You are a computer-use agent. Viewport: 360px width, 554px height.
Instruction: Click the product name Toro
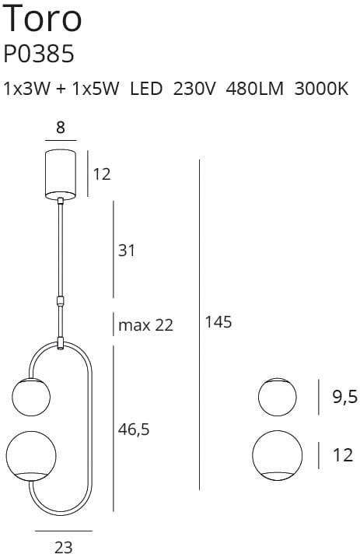(42, 19)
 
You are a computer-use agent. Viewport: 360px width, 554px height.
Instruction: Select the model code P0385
(38, 54)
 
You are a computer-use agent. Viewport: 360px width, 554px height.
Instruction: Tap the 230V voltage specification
(194, 89)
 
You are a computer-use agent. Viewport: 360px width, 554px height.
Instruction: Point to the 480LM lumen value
(254, 89)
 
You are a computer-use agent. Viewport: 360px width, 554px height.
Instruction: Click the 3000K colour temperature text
(321, 89)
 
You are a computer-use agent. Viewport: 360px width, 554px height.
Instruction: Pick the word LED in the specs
(146, 89)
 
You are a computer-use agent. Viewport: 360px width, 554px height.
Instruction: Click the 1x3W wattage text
(27, 89)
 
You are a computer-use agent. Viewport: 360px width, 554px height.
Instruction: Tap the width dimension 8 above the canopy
(61, 127)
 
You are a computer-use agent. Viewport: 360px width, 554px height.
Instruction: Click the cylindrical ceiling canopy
(61, 174)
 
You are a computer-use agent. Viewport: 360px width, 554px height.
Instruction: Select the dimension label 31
(126, 251)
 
